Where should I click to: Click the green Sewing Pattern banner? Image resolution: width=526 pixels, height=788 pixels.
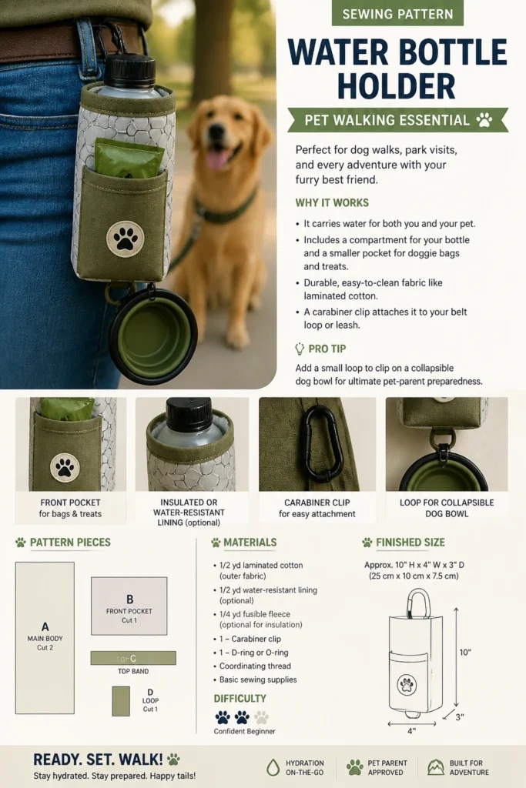pyautogui.click(x=397, y=14)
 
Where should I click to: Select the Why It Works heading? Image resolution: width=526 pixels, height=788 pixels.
pyautogui.click(x=332, y=202)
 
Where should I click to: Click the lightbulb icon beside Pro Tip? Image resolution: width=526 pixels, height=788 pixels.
pyautogui.click(x=300, y=349)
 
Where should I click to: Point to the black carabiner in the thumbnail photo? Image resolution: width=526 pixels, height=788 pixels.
pyautogui.click(x=323, y=444)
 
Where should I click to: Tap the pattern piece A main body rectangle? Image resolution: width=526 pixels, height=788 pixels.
pyautogui.click(x=45, y=638)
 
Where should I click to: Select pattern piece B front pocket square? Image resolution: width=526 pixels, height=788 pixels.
pyautogui.click(x=129, y=606)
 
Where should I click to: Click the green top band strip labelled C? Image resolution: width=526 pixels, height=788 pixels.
pyautogui.click(x=133, y=658)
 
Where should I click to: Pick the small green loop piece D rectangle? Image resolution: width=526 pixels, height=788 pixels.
pyautogui.click(x=121, y=701)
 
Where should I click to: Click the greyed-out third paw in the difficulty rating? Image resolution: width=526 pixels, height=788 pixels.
pyautogui.click(x=261, y=717)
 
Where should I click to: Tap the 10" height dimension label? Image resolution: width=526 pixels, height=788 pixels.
pyautogui.click(x=465, y=653)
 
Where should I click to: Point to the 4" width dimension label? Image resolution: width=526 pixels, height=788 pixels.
pyautogui.click(x=412, y=731)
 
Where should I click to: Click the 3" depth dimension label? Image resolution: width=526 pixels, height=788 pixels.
pyautogui.click(x=460, y=717)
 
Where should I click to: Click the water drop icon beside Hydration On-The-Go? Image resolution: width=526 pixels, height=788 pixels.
pyautogui.click(x=273, y=767)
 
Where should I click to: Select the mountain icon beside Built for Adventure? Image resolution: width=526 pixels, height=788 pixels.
pyautogui.click(x=435, y=767)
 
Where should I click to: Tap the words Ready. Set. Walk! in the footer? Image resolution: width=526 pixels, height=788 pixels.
pyautogui.click(x=98, y=760)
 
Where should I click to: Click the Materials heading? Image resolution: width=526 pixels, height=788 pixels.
pyautogui.click(x=250, y=543)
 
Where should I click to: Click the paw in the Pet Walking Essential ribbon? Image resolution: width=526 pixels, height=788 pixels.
pyautogui.click(x=484, y=119)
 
